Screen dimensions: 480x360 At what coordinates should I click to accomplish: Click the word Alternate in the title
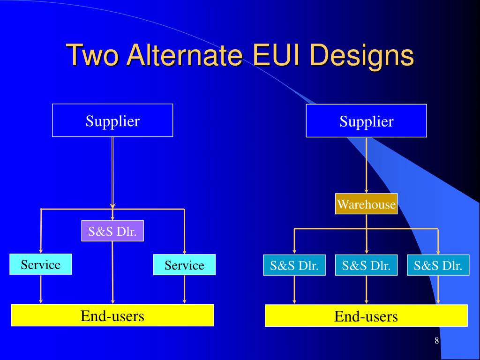click(x=186, y=55)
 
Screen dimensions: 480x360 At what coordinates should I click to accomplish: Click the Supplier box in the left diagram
click(x=112, y=120)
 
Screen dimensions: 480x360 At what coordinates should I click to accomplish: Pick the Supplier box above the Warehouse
click(x=366, y=121)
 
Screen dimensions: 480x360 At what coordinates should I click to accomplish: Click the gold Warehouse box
click(x=366, y=204)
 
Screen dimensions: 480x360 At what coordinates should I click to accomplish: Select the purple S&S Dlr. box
click(x=112, y=231)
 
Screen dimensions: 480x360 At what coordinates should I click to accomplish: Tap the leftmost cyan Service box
click(x=41, y=264)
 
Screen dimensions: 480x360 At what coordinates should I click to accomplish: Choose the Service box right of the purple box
click(x=184, y=265)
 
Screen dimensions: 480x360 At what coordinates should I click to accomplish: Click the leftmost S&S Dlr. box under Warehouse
click(x=294, y=265)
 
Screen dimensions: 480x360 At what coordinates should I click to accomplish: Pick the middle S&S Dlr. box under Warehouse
click(x=366, y=265)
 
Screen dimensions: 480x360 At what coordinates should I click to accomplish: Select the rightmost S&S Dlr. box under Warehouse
click(x=438, y=265)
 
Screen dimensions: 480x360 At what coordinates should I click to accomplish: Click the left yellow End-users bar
click(x=112, y=315)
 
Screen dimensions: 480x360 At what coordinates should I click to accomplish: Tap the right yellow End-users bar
click(x=366, y=316)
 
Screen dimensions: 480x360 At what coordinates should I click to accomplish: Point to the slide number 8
click(x=436, y=341)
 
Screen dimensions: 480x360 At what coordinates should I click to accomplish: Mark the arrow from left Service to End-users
click(x=41, y=289)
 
